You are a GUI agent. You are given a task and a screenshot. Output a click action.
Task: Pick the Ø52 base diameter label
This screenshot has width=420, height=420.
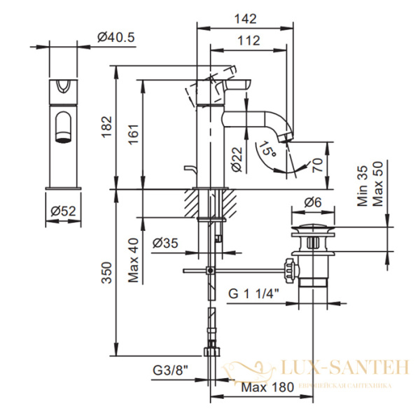pos(64,211)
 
